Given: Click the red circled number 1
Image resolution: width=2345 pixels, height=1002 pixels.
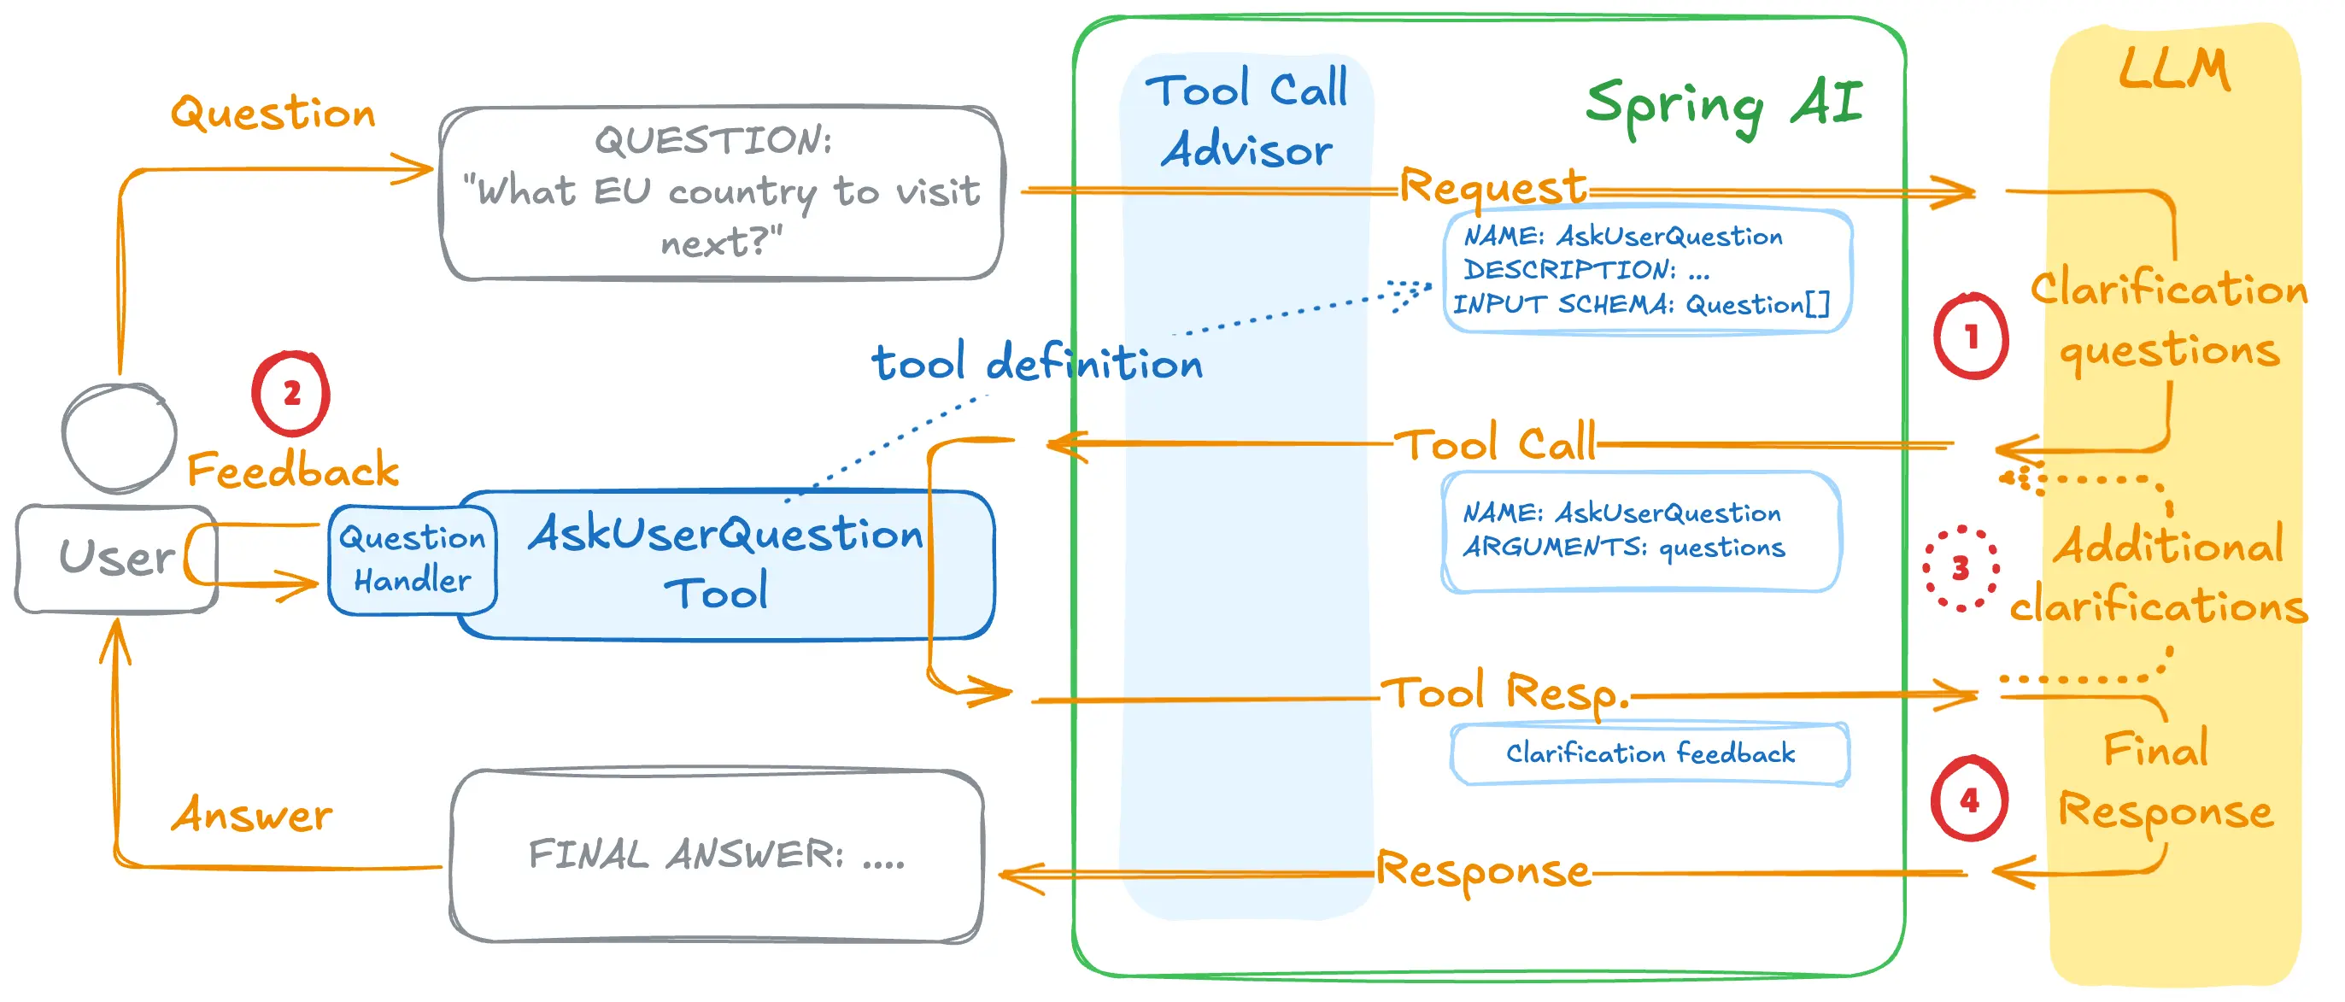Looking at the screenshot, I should (1971, 337).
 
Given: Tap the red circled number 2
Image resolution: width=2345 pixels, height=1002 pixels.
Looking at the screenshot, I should (291, 393).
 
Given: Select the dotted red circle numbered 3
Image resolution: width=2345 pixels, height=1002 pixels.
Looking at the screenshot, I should (1961, 569).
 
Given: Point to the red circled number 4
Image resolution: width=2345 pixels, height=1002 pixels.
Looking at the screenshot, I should (1969, 800).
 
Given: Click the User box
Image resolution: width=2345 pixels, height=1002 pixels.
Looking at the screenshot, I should (115, 558).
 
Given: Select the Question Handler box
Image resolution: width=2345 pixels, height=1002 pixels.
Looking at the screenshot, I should (413, 559).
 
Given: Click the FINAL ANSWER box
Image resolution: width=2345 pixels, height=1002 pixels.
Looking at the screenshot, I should (717, 854).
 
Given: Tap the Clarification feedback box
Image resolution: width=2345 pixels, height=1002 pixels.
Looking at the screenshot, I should (1650, 753).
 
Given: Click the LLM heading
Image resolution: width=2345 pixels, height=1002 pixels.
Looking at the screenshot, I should (2174, 69).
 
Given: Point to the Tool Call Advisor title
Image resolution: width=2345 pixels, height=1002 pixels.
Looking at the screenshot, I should (1246, 120).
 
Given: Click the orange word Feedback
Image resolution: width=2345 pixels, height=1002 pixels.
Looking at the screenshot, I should (293, 471).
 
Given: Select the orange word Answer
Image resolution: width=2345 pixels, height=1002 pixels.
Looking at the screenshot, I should (252, 815).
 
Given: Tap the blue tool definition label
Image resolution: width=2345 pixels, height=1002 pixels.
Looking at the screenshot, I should (1037, 362).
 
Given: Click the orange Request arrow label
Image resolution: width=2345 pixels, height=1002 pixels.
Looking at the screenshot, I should (1493, 187).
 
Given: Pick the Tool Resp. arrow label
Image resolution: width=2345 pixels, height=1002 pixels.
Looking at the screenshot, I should (1504, 694).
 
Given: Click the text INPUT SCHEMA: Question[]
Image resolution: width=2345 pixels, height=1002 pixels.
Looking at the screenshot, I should (1640, 304).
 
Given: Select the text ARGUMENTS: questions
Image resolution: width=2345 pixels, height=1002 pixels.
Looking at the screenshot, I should (1624, 547).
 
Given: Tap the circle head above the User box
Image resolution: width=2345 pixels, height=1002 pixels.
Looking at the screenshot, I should (120, 437).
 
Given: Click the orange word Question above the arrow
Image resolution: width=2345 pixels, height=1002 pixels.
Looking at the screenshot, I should (273, 113).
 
